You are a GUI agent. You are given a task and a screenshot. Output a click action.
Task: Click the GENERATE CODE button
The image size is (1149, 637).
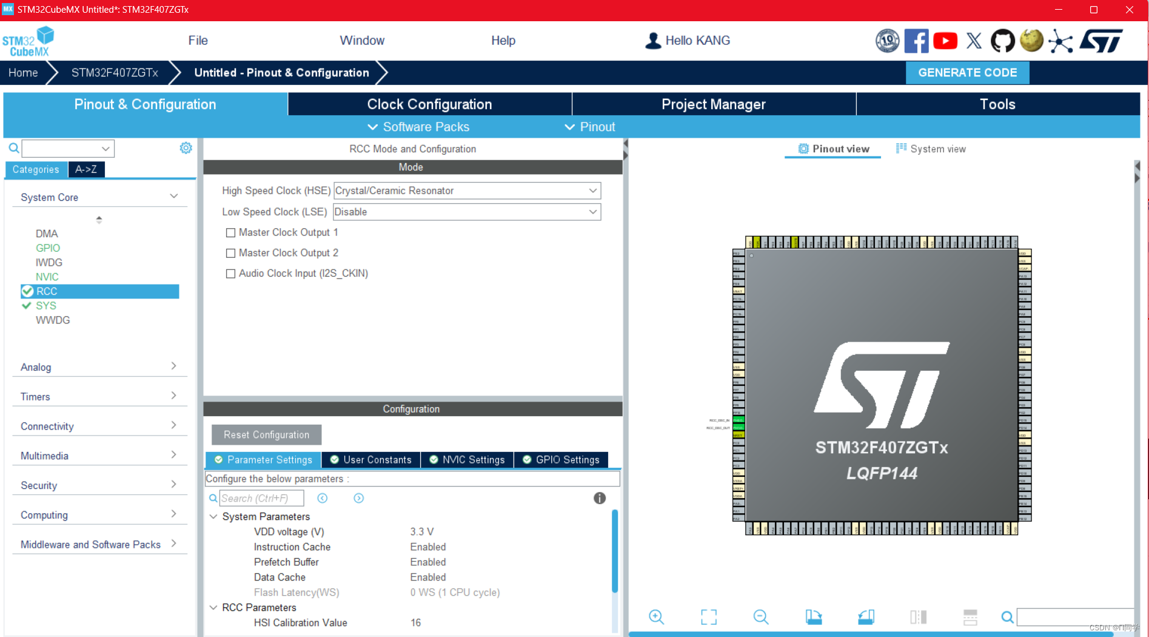click(x=967, y=73)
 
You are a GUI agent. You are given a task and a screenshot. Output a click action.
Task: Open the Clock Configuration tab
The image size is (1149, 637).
click(x=429, y=104)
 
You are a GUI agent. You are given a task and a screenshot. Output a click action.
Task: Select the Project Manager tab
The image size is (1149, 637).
click(x=713, y=104)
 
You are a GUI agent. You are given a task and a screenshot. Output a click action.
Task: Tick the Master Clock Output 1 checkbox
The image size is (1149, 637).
click(x=230, y=233)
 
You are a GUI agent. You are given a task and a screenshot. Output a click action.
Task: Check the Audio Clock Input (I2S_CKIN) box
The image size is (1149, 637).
click(x=230, y=274)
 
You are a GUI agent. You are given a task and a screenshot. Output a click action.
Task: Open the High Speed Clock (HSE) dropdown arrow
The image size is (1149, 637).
click(x=592, y=190)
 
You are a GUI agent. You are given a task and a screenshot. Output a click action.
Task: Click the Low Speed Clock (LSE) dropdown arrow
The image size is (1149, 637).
click(x=592, y=212)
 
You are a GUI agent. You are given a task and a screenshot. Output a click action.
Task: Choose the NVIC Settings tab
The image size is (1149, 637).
click(x=467, y=460)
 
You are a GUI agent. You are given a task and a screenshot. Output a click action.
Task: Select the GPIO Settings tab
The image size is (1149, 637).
click(x=561, y=460)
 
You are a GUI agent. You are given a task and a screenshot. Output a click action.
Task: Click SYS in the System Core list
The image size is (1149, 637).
click(x=46, y=306)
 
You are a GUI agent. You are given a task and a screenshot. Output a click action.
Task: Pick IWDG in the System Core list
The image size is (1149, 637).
click(x=49, y=263)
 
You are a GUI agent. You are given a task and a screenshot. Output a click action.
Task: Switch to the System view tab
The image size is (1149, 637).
click(x=931, y=149)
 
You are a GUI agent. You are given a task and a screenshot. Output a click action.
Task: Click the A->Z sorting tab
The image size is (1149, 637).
click(x=86, y=170)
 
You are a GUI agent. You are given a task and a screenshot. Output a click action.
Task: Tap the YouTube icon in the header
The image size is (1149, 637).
click(x=945, y=41)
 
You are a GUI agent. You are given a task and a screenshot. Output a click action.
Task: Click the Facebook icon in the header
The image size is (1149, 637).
click(x=916, y=41)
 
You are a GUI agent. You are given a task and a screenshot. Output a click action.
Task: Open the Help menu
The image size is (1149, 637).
click(x=503, y=41)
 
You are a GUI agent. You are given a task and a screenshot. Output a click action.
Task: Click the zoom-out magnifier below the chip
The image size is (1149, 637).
click(x=761, y=617)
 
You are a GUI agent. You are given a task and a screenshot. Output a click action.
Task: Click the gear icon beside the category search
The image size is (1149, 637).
click(x=186, y=148)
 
